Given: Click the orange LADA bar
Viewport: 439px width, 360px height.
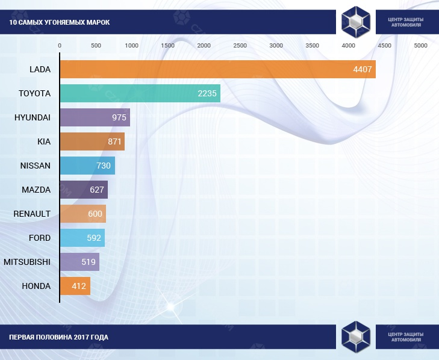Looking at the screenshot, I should pos(217,69).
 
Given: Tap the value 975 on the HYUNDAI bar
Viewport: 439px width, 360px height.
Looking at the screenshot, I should pos(119,117).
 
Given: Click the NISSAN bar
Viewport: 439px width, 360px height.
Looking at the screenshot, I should pos(87,166).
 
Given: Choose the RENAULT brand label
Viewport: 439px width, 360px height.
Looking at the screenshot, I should pos(33,214).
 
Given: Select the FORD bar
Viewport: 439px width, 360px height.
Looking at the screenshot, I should pos(82,238).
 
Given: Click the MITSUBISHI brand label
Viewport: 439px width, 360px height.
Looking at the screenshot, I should pos(27,262).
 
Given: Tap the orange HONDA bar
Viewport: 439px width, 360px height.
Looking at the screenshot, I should pos(75,286).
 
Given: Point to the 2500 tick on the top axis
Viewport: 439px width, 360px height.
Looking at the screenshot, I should pos(240,46).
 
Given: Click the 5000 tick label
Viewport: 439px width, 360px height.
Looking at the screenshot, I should pos(420,46).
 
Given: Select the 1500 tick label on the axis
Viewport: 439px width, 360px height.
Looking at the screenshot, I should pos(168,46).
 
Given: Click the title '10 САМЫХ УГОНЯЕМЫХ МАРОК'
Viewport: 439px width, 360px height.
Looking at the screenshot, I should pos(60,23).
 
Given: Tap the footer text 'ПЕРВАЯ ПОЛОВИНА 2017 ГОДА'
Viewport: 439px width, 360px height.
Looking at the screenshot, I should pos(59,337).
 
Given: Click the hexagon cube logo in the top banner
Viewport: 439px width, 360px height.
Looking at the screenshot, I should pos(356,22).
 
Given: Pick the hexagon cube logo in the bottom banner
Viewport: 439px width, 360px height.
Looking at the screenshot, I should pos(356,337).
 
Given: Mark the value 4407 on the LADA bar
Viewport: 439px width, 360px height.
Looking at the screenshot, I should pos(364,69).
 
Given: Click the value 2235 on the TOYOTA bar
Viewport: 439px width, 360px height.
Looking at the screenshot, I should pos(207,93).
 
